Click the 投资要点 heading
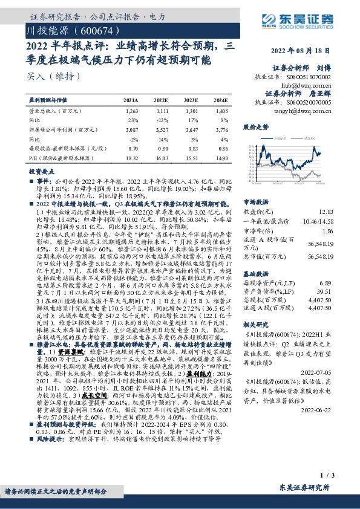point(42,172)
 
